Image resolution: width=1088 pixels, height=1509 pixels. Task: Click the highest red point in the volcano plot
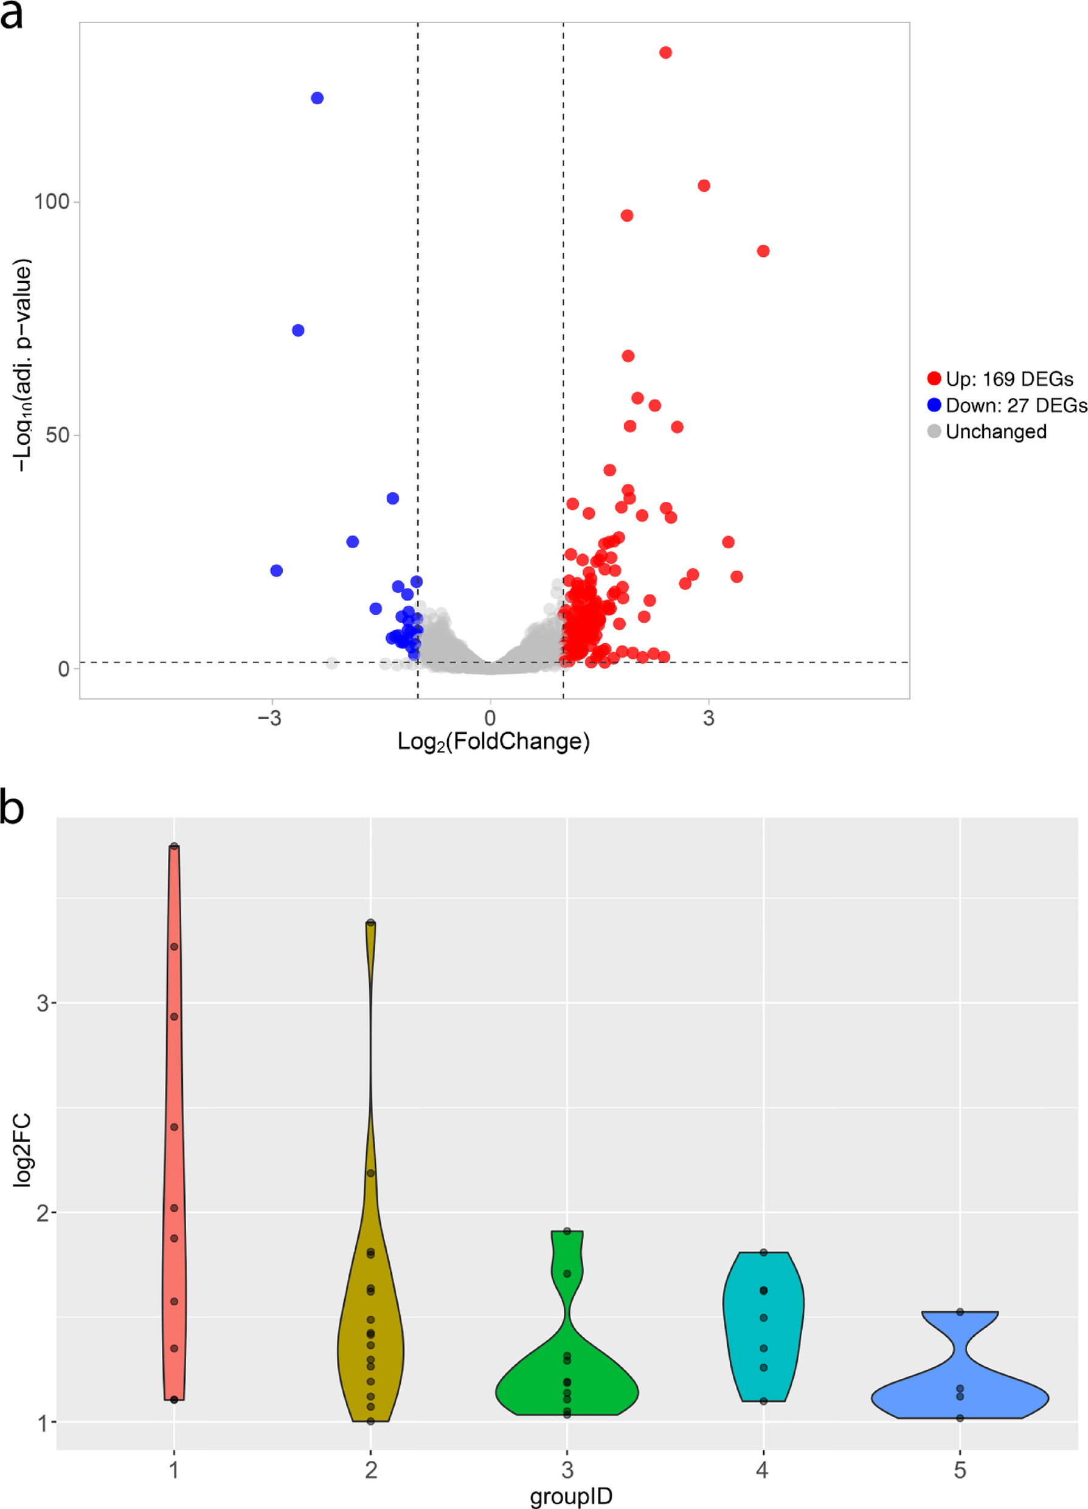(x=665, y=52)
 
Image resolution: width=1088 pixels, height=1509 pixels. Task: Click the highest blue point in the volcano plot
(x=317, y=98)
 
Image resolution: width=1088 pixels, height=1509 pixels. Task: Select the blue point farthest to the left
(x=277, y=570)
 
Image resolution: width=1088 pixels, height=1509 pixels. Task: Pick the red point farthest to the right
(x=763, y=251)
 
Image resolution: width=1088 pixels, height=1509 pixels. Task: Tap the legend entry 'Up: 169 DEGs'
(x=1001, y=379)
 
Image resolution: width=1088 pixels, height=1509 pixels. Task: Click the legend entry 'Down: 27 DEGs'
(x=1008, y=405)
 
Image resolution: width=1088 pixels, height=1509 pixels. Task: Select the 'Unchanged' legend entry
(x=988, y=432)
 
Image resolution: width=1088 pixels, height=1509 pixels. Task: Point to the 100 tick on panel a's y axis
(x=52, y=201)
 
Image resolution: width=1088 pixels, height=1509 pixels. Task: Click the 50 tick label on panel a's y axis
(x=57, y=435)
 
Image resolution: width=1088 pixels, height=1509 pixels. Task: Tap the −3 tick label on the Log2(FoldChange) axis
(x=269, y=718)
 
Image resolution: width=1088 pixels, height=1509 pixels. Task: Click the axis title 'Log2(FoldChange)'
(x=493, y=741)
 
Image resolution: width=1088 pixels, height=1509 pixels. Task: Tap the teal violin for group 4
(x=763, y=1324)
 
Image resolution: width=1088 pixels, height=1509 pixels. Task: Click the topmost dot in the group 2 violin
(x=370, y=923)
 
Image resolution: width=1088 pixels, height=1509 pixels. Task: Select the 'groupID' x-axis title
(x=570, y=1496)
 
